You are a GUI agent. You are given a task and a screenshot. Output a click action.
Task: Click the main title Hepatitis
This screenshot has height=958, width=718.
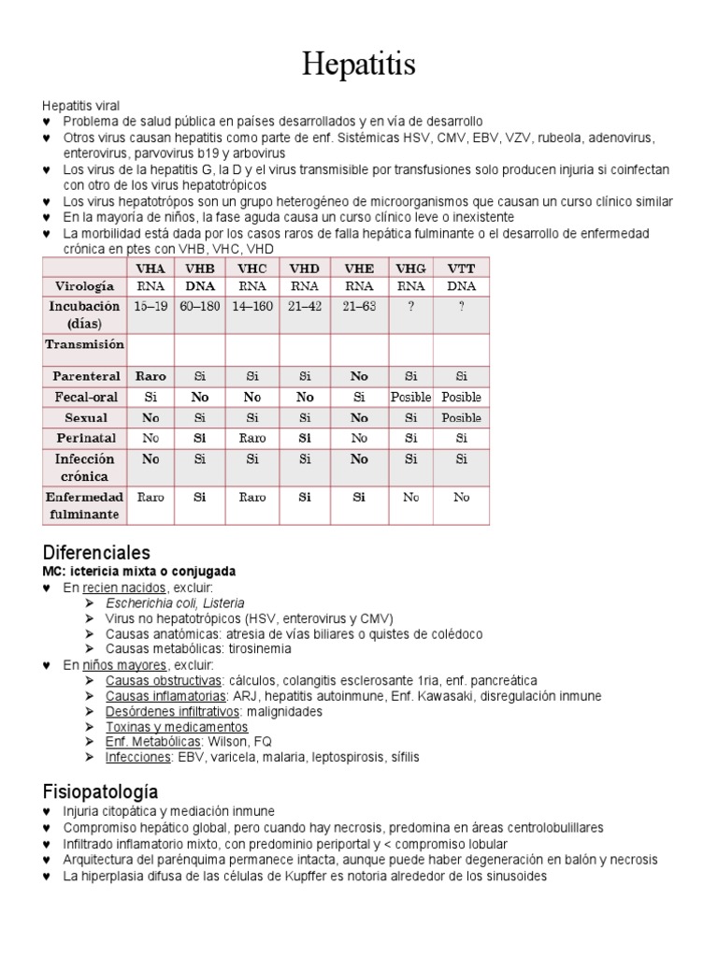[359, 65]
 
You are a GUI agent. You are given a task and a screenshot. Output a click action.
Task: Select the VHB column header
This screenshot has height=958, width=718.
[200, 268]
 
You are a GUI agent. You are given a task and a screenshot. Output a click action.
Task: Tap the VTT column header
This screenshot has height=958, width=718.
[462, 268]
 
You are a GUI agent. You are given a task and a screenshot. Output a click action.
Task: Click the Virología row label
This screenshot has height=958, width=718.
[85, 285]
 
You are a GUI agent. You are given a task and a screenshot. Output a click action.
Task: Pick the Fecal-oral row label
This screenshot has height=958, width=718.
[85, 397]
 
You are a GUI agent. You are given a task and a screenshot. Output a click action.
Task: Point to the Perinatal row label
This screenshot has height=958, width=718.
[85, 438]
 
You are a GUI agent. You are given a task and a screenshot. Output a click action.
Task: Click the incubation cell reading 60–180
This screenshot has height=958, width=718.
[200, 307]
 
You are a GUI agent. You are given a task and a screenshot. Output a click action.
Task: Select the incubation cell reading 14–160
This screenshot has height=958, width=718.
[251, 307]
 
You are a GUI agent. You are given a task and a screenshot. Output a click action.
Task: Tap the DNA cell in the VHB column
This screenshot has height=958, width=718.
[200, 285]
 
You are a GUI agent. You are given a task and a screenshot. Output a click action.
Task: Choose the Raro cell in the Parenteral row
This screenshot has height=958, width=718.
[151, 376]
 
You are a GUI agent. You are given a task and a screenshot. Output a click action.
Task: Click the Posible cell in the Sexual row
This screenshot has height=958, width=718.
[462, 417]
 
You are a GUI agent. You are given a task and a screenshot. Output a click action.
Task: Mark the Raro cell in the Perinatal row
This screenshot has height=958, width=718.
[251, 438]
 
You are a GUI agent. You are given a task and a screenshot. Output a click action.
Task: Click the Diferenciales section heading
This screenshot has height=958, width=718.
[96, 552]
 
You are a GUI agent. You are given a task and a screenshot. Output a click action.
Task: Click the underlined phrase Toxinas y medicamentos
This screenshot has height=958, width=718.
[177, 727]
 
